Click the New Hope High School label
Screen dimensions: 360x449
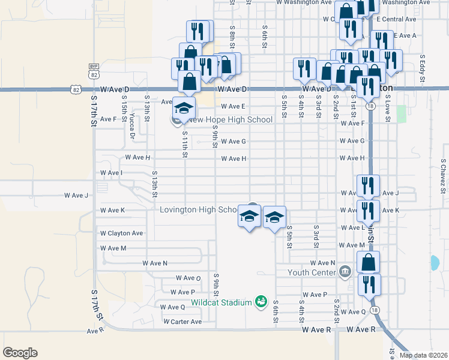point(231,119)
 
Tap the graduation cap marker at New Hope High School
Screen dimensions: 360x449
point(184,108)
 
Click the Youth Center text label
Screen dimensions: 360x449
point(311,272)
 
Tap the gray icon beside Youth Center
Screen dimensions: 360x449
point(345,272)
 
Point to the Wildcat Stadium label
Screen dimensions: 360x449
point(221,302)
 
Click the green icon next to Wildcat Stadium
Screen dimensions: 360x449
point(261,301)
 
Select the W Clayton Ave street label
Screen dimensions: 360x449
point(121,233)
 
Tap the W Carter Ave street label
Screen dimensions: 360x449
point(182,322)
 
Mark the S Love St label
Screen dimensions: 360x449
point(388,108)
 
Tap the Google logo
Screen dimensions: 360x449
point(20,353)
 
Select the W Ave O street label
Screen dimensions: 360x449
point(188,278)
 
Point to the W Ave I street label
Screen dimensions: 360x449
point(111,173)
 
